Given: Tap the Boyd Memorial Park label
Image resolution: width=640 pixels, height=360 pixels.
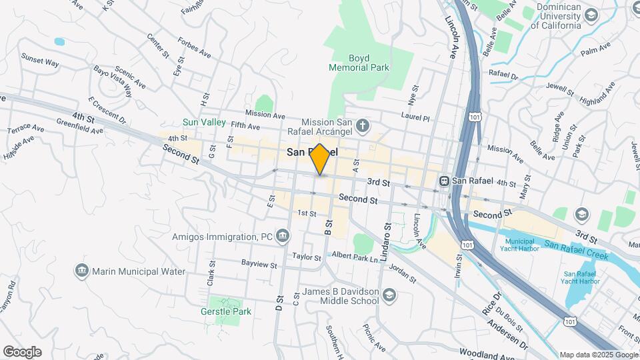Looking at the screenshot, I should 359,63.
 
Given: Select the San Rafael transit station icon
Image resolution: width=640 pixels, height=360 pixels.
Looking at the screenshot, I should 444,181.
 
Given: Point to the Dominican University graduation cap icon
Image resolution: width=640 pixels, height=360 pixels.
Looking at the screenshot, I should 591,15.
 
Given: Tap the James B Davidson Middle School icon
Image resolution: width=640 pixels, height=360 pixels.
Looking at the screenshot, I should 389,295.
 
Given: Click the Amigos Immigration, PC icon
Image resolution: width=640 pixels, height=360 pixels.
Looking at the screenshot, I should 283,236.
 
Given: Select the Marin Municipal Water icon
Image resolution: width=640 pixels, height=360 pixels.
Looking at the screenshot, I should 82,270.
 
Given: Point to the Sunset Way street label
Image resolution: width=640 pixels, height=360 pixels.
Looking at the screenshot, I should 40,61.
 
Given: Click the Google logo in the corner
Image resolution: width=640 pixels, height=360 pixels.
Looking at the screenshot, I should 22,352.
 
